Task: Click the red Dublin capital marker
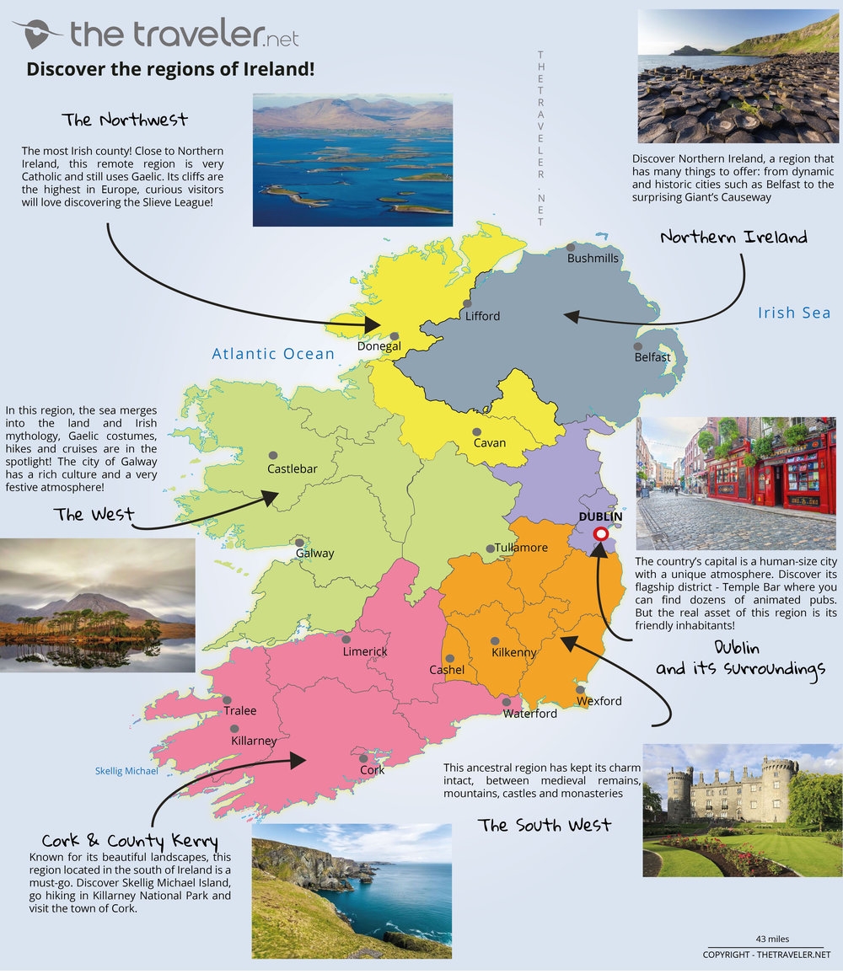click(601, 533)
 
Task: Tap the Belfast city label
click(652, 357)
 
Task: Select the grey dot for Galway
click(298, 543)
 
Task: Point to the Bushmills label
click(593, 259)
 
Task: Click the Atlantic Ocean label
click(273, 354)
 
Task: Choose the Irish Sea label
click(793, 313)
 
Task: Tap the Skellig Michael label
click(126, 771)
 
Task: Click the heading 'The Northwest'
click(125, 120)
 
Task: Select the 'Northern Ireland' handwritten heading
click(733, 237)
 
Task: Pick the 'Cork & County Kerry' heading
click(130, 841)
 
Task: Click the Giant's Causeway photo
click(738, 77)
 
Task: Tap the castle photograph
click(742, 811)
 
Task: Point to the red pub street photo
click(736, 483)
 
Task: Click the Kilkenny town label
click(513, 652)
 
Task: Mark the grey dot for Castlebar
click(272, 455)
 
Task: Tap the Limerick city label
click(365, 652)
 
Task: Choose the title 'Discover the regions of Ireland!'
click(170, 69)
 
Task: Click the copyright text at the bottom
click(766, 955)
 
